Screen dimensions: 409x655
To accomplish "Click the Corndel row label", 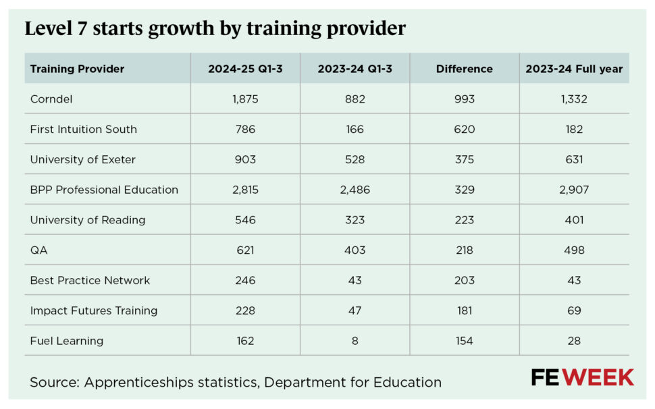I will tap(51, 99).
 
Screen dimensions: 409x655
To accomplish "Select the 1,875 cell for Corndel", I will tap(245, 99).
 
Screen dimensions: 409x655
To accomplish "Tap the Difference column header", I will tap(464, 69).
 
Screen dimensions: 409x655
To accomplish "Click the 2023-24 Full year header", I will tap(574, 69).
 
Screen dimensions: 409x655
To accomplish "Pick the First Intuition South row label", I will tap(83, 130).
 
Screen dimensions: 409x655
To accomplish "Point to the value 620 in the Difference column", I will tap(464, 130).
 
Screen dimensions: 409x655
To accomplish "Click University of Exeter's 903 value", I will tap(245, 160).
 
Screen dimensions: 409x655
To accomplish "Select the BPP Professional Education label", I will tap(104, 190).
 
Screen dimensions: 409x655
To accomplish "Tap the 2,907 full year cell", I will tap(574, 190).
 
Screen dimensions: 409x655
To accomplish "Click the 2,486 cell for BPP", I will tap(355, 190).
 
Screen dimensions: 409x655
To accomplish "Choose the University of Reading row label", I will tap(88, 220).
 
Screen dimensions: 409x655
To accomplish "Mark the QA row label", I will tap(39, 250).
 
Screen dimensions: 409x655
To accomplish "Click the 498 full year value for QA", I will tap(574, 250).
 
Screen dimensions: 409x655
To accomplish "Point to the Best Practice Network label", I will tap(90, 280).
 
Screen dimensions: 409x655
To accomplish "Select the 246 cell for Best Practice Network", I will tap(245, 280).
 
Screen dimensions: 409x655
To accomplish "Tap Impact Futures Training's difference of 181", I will tap(464, 310).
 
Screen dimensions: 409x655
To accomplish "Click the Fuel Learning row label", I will tap(67, 341).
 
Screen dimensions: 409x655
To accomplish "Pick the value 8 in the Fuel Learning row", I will tap(355, 341).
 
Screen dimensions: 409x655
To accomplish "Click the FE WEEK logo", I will tap(582, 378).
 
